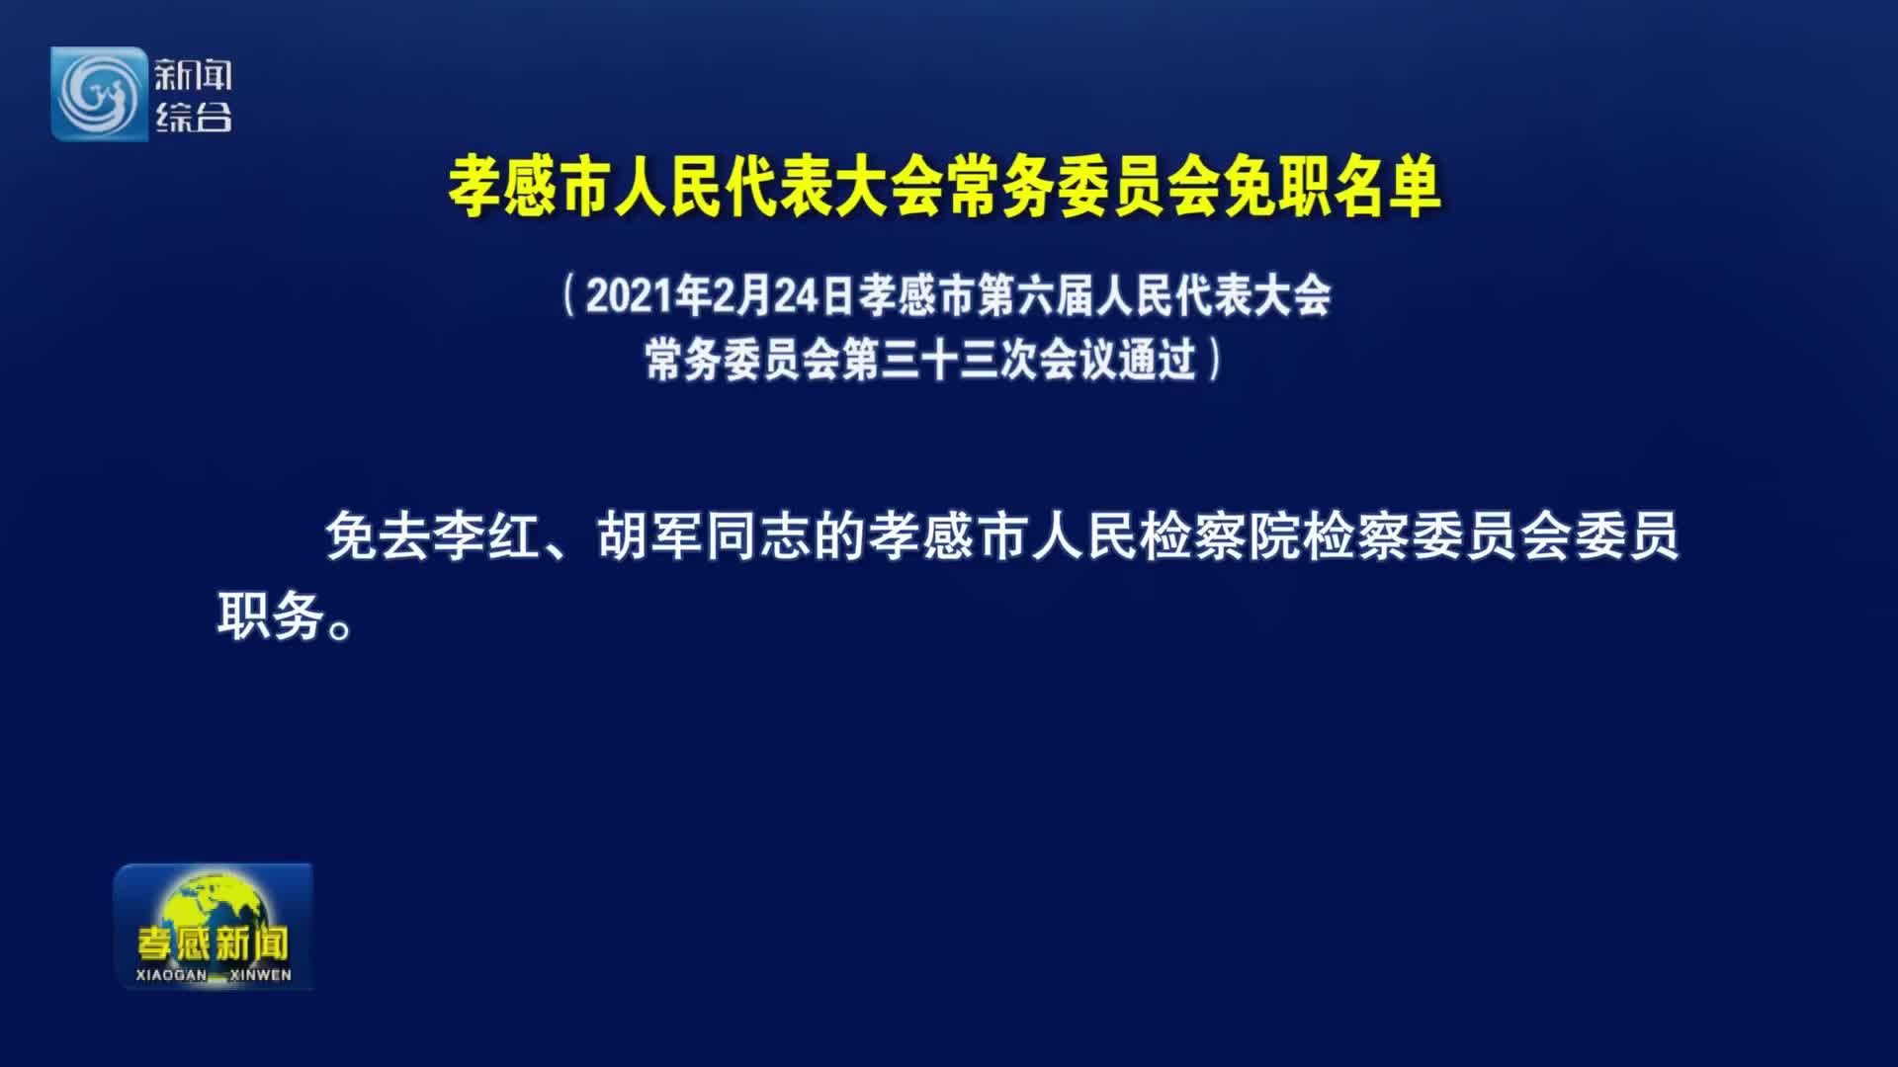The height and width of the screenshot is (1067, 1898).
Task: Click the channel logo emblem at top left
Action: (x=99, y=94)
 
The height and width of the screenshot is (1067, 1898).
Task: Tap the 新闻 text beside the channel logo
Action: (x=193, y=75)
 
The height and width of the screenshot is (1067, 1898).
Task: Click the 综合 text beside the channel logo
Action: (x=193, y=118)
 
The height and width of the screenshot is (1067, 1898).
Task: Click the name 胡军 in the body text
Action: (x=650, y=537)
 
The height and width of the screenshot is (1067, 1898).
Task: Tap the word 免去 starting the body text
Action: (x=379, y=537)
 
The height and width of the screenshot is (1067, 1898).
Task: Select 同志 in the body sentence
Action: (x=758, y=537)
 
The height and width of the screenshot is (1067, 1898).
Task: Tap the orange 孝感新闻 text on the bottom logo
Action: (x=214, y=944)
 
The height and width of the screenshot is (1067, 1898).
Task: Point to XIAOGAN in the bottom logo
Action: (x=172, y=975)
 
